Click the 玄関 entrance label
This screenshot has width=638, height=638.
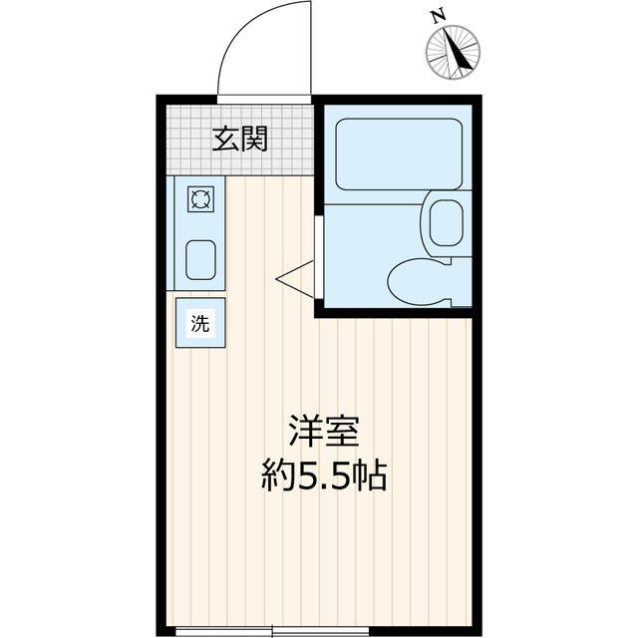pyautogui.click(x=240, y=140)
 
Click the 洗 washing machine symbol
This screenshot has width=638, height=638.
pyautogui.click(x=200, y=323)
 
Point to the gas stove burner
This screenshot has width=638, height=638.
pyautogui.click(x=200, y=200)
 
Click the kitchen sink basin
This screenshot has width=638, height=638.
pyautogui.click(x=200, y=259)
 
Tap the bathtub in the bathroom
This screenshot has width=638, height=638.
pyautogui.click(x=396, y=154)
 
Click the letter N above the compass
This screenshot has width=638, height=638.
pyautogui.click(x=436, y=16)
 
